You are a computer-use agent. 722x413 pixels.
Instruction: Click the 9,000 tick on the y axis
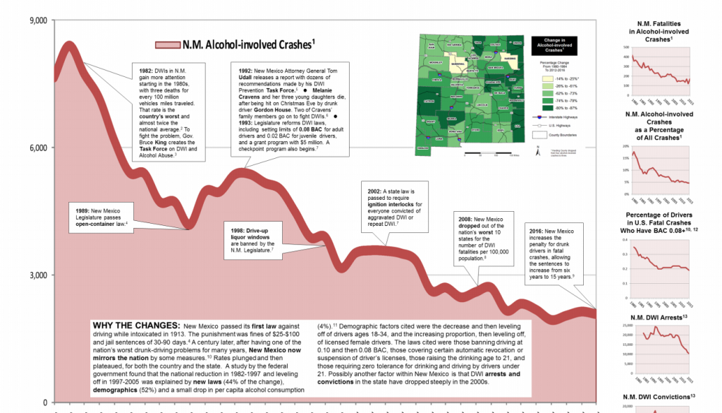pos(37,20)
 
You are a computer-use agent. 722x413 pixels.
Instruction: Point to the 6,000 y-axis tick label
pos(37,148)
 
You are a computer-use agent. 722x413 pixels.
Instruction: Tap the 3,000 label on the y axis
pos(37,275)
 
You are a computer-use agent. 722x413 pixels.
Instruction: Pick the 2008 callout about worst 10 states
pos(483,239)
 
